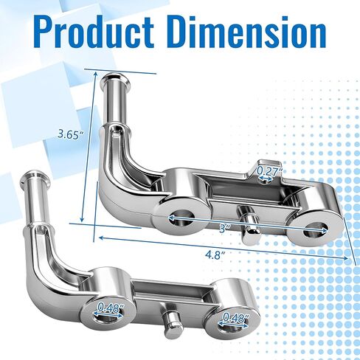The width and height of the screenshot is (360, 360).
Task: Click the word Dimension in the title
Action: tap(248, 32)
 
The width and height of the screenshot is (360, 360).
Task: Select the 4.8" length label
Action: tap(215, 255)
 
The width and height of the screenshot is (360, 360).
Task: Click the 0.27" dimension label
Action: tap(269, 170)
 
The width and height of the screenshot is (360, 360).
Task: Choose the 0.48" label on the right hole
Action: tap(236, 318)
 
